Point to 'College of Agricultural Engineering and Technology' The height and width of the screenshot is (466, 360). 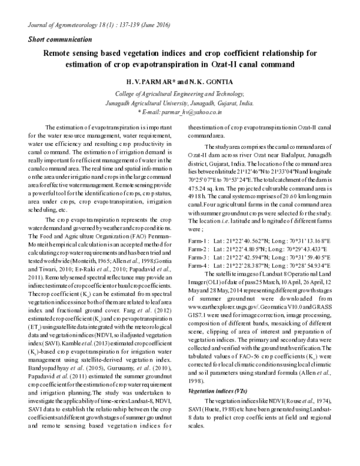tap(179, 94)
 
